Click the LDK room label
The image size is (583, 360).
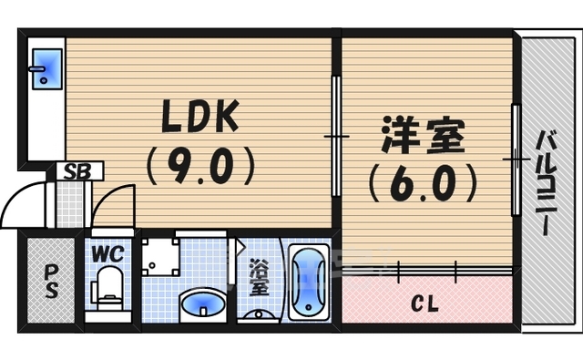(199, 116)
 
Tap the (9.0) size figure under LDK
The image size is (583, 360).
(199, 167)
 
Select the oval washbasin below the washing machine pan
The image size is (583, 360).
(199, 304)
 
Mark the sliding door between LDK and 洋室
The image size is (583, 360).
(336, 137)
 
